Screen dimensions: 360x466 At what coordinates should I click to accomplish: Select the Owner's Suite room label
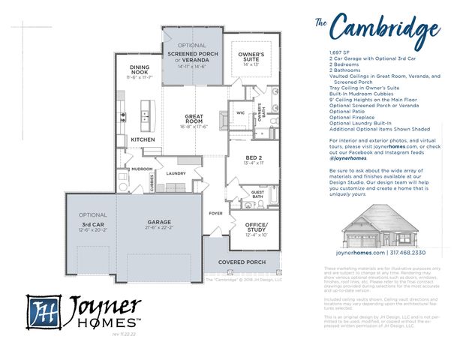[x=251, y=56]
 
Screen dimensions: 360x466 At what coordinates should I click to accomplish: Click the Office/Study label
[x=256, y=225]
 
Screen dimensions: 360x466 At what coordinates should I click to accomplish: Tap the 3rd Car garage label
[x=93, y=224]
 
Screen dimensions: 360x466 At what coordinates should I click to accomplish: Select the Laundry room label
[x=176, y=173]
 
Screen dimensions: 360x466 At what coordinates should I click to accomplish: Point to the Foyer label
[x=215, y=212]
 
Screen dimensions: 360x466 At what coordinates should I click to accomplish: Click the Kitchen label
[x=143, y=139]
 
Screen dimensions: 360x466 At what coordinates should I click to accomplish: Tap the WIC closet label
[x=241, y=113]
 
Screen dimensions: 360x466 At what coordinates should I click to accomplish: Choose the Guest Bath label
[x=257, y=194]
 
